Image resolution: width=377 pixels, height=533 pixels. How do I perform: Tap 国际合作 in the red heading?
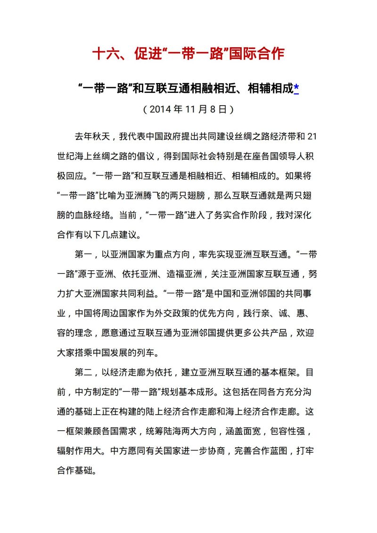(256, 53)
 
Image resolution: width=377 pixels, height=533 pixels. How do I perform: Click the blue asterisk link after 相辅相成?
(296, 88)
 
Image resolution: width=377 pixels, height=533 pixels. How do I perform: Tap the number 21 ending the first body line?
(311, 137)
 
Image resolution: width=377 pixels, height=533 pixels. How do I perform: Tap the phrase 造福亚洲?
(186, 274)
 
